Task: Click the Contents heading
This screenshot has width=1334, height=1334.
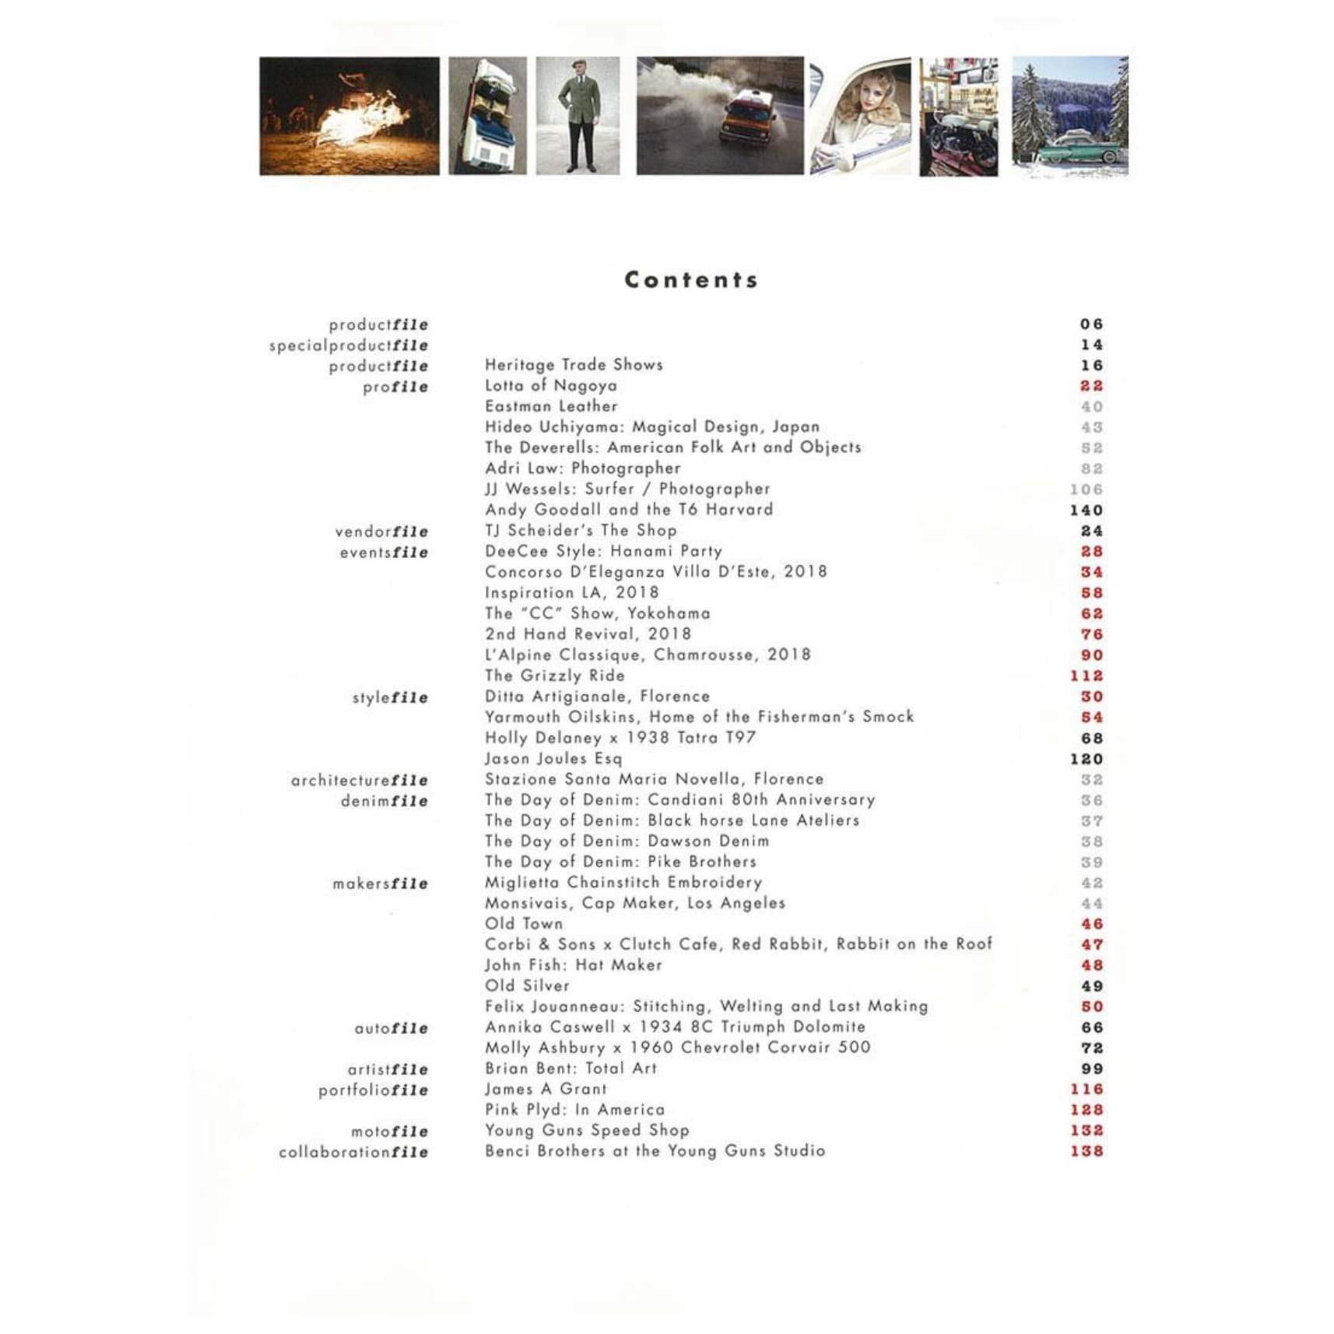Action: click(x=691, y=280)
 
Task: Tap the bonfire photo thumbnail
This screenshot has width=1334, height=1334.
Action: click(x=349, y=116)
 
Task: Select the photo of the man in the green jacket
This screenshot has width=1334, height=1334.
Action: click(x=577, y=116)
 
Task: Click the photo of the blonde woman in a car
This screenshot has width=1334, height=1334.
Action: click(x=860, y=117)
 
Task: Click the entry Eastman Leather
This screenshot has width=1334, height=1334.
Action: click(x=551, y=406)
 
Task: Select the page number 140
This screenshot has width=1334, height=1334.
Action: click(x=1086, y=511)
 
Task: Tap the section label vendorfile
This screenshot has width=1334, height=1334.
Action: click(x=381, y=532)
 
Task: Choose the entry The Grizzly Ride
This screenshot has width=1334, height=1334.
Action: click(x=554, y=676)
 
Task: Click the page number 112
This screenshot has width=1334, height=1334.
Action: click(x=1086, y=676)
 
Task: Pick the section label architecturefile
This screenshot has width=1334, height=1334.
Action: click(x=360, y=780)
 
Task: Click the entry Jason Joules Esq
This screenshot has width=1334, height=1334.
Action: click(x=553, y=759)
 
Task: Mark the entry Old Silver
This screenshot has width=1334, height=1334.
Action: click(x=527, y=986)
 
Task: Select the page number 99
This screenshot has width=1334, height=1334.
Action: click(x=1091, y=1069)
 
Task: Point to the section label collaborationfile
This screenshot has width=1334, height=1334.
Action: click(x=353, y=1152)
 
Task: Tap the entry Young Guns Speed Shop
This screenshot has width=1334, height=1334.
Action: click(x=587, y=1130)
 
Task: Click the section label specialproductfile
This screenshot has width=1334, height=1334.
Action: click(x=349, y=346)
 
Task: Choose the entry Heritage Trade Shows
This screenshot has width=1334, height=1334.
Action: click(x=574, y=365)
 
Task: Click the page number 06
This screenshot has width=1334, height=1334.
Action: click(x=1091, y=325)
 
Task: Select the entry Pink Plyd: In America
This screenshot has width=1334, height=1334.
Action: click(x=574, y=1110)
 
